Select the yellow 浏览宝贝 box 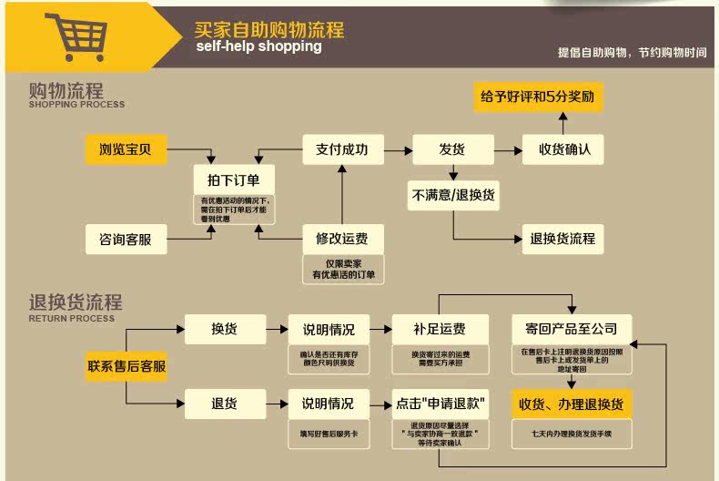click(x=126, y=148)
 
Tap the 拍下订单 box click(x=235, y=179)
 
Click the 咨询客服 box click(x=126, y=240)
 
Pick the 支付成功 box click(x=342, y=148)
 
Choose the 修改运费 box click(x=342, y=239)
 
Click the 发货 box click(x=453, y=148)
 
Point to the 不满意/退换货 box click(x=453, y=195)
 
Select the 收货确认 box click(x=562, y=148)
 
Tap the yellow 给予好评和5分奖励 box click(x=538, y=96)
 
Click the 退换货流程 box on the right click(x=562, y=239)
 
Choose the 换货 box click(x=224, y=329)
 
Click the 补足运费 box click(x=441, y=329)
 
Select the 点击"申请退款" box click(x=441, y=403)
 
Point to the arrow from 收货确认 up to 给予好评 click(x=562, y=122)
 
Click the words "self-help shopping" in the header click(x=258, y=46)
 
